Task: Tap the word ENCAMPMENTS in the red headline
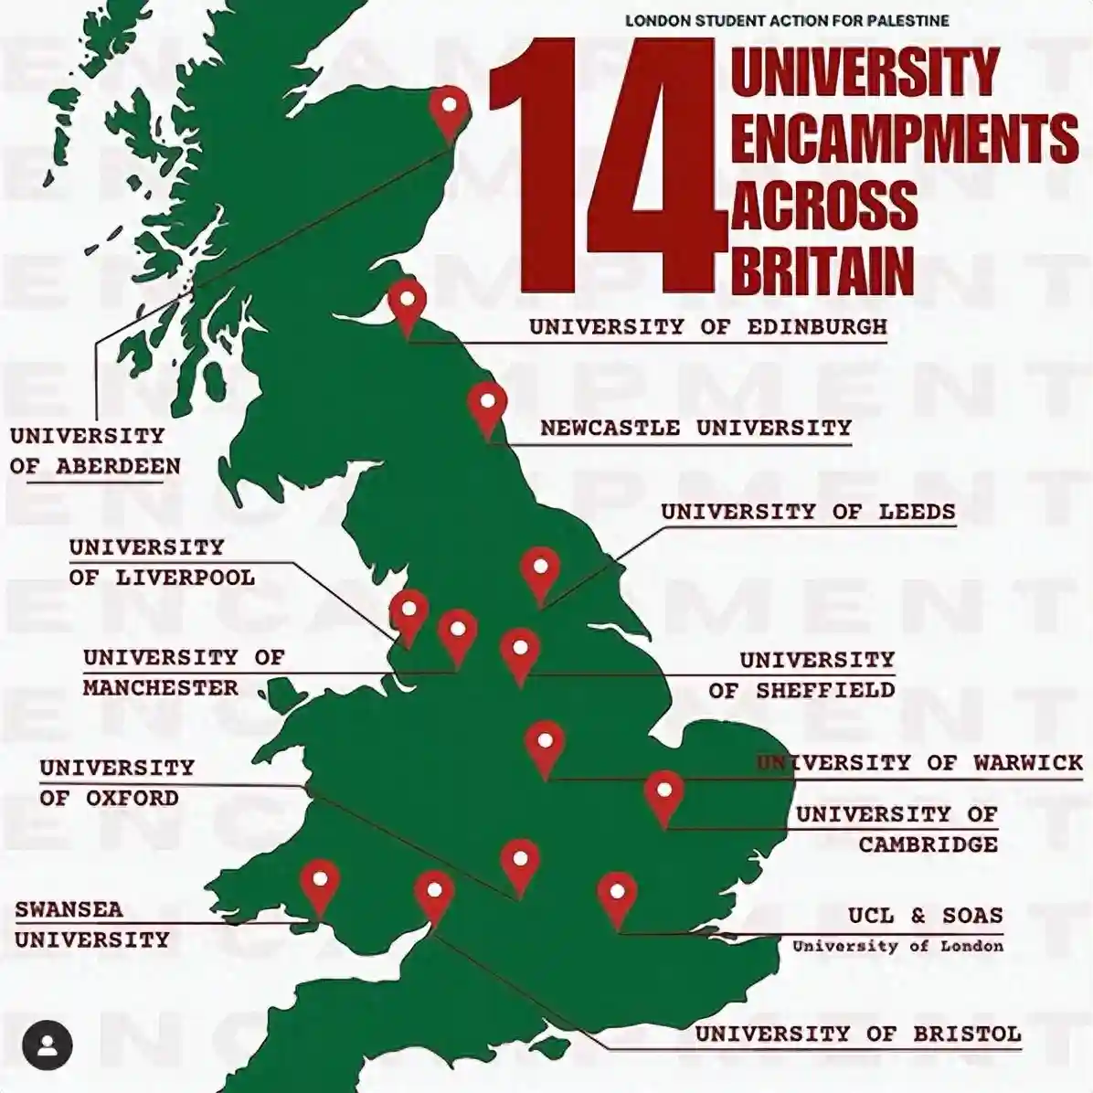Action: (904, 137)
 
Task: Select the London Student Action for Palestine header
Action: (787, 20)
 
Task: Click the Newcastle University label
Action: (695, 428)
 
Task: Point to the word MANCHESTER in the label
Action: (161, 687)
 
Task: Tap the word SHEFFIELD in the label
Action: (825, 690)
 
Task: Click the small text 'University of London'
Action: (897, 946)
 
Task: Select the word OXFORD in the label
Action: (133, 798)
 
